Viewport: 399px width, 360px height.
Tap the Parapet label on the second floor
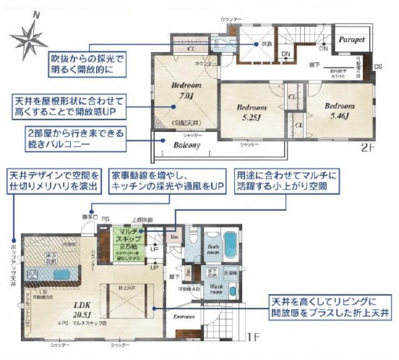tap(351, 39)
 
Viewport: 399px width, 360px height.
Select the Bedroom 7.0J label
tap(186, 89)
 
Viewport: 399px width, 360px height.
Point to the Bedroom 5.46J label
tap(339, 110)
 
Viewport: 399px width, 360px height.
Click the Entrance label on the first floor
tap(184, 317)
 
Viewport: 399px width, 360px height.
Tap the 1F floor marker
tap(253, 338)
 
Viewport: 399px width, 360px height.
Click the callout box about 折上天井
tap(330, 308)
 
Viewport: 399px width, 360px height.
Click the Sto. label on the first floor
tap(173, 237)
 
